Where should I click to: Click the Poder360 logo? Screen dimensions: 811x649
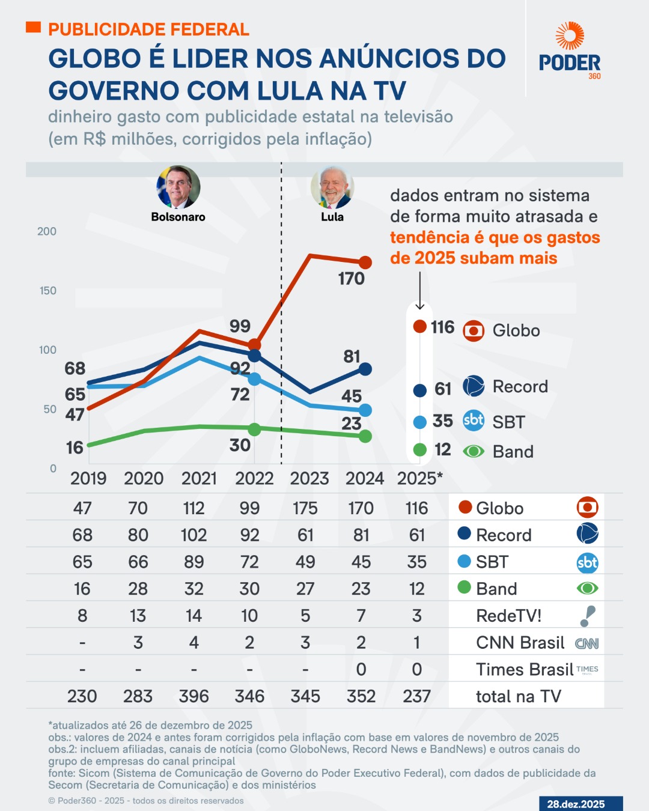(x=569, y=51)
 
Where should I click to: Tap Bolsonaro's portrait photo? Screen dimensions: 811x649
(x=178, y=187)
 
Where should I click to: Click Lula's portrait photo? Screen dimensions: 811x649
(x=332, y=187)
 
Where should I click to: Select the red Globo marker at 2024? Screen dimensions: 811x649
(x=365, y=263)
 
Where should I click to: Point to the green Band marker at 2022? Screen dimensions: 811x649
(x=254, y=430)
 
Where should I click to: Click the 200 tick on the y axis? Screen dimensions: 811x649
(x=47, y=231)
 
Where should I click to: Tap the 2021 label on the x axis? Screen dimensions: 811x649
(x=199, y=479)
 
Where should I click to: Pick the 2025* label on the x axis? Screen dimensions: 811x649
(x=419, y=479)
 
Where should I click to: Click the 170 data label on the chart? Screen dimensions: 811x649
(x=352, y=279)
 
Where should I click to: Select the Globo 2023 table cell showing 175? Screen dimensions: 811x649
(x=305, y=508)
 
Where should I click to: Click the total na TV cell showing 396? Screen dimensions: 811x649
(x=193, y=696)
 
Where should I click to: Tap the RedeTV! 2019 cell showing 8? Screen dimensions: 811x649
(x=82, y=616)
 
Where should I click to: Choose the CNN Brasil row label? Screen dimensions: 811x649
(x=520, y=643)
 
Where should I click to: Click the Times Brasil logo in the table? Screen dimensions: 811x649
(x=587, y=669)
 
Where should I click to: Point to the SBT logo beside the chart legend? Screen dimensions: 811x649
(x=474, y=421)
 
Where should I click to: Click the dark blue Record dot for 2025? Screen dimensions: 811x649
(x=420, y=390)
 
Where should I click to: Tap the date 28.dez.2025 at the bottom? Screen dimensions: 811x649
(x=576, y=804)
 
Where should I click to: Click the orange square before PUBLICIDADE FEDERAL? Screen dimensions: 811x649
(x=34, y=27)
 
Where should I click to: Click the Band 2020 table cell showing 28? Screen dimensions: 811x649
(x=138, y=589)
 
